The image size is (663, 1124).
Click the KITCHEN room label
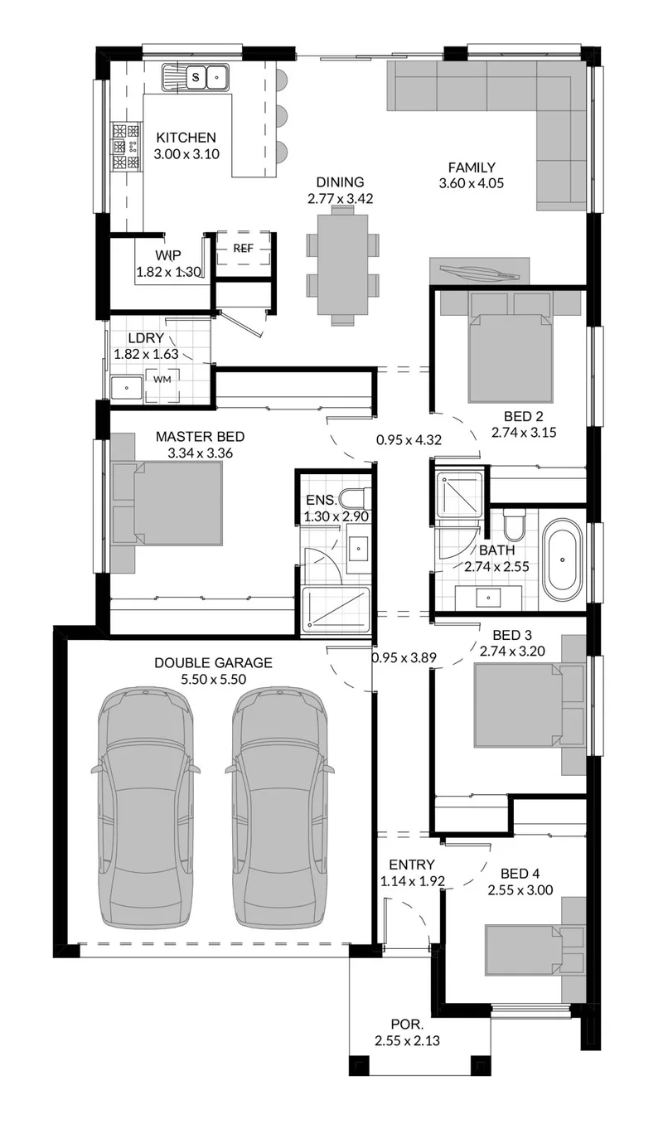186,138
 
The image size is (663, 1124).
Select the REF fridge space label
243,248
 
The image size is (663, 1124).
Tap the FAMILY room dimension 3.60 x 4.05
472,184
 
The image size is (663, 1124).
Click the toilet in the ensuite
356,499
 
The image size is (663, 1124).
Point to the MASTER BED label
200,437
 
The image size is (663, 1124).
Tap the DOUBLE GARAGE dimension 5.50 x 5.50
214,680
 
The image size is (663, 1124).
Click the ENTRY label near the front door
412,865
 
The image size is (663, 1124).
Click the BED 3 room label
512,635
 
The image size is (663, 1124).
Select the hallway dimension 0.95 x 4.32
409,440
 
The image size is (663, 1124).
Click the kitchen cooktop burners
126,147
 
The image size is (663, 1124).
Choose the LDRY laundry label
146,338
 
